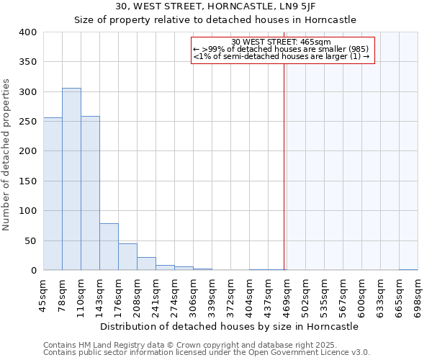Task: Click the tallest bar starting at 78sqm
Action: pos(71,179)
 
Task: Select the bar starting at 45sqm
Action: pos(53,194)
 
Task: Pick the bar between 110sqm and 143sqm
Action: pos(90,194)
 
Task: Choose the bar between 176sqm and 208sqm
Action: pos(127,257)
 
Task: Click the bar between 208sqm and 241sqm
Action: pos(146,264)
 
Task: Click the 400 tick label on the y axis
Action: pos(27,32)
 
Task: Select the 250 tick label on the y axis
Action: pos(27,122)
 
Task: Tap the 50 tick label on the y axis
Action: pos(30,241)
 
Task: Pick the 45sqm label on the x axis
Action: pos(44,294)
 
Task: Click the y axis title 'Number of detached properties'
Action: pos(6,151)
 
